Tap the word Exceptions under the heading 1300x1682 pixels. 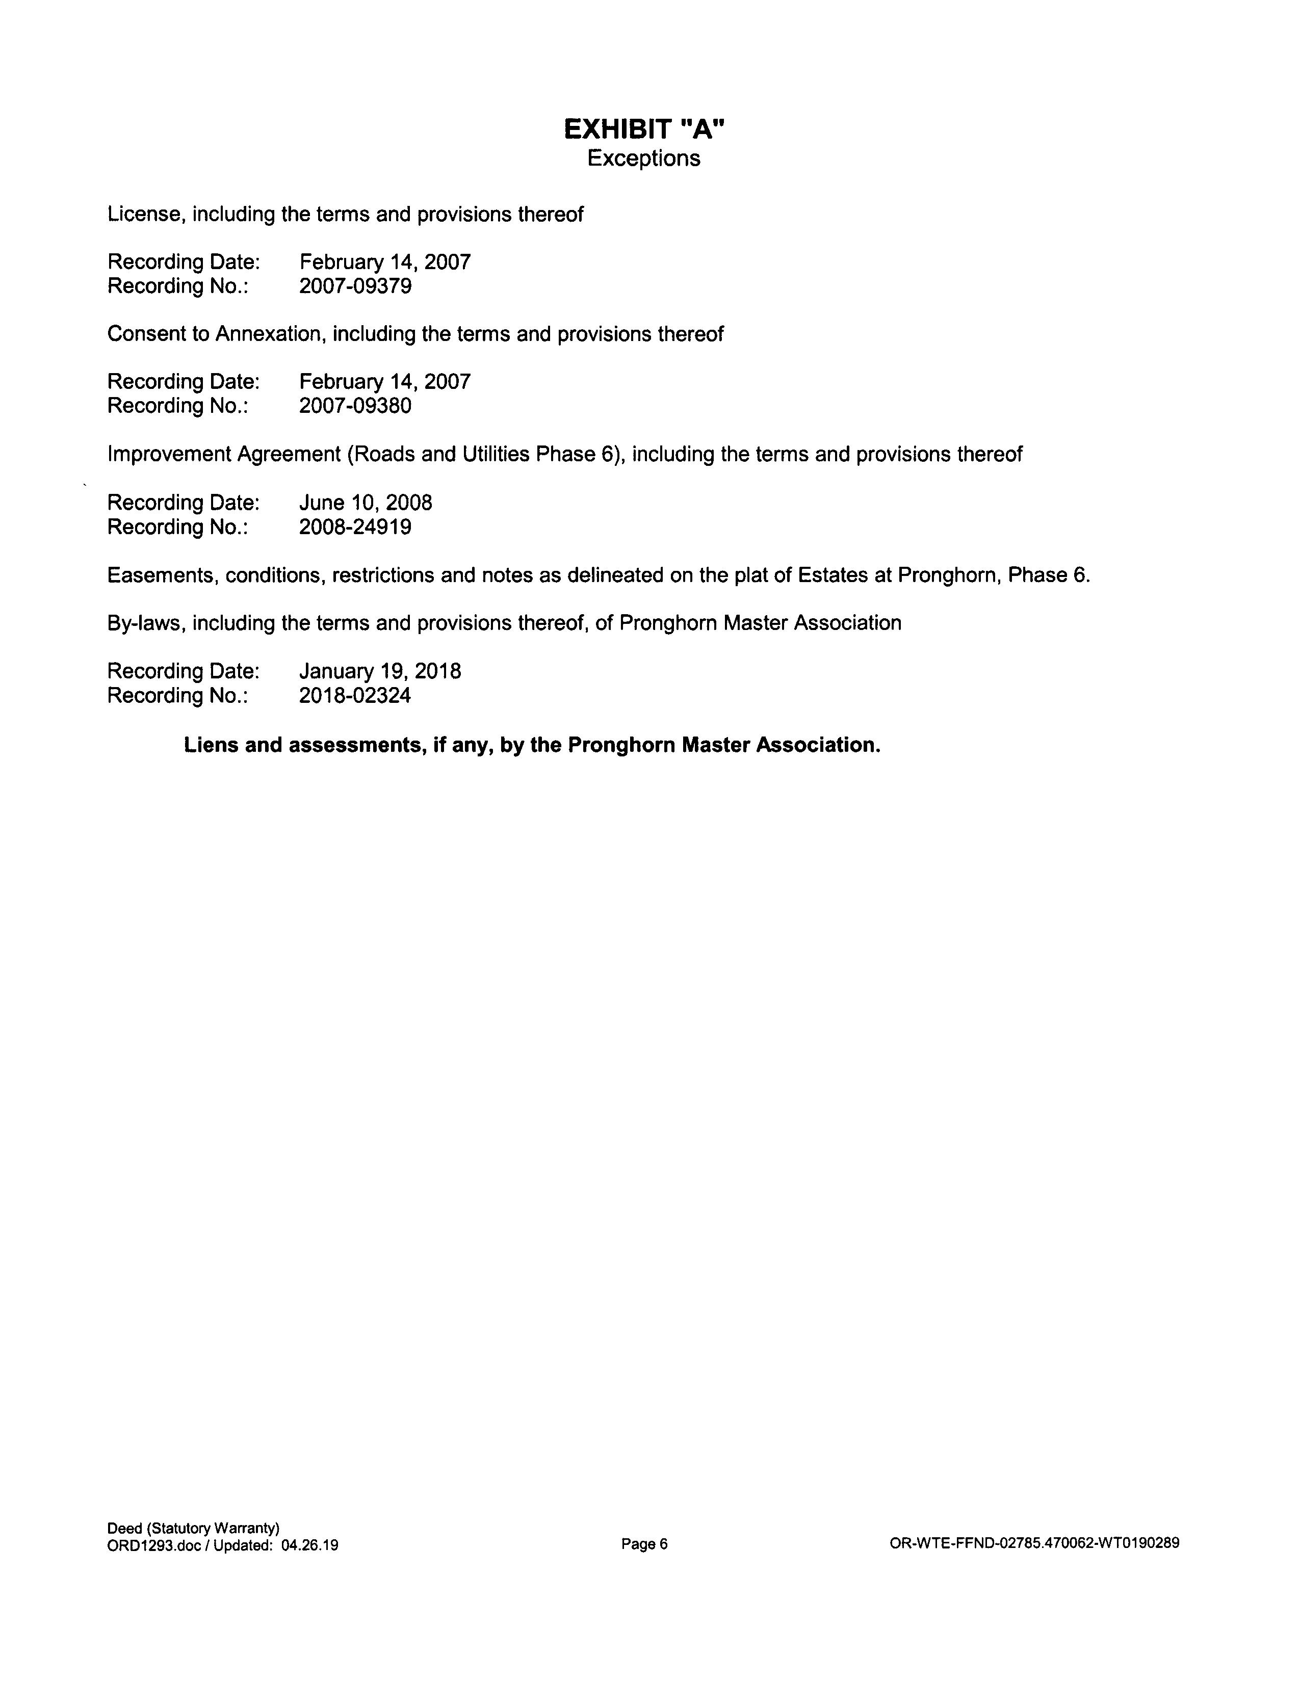(x=644, y=159)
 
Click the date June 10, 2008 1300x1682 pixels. (x=366, y=503)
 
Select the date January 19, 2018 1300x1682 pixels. (x=380, y=672)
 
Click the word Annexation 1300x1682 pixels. (x=268, y=334)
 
